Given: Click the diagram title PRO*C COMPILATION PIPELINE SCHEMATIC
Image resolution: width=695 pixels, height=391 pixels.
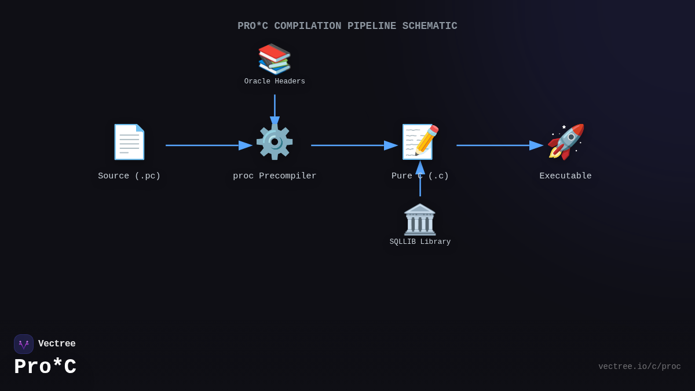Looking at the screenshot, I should (x=347, y=26).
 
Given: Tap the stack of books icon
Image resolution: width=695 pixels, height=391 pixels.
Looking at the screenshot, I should (x=275, y=59).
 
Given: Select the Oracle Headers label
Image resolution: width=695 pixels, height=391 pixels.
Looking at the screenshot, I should (x=275, y=82).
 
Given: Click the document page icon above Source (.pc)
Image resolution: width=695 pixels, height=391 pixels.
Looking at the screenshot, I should (x=129, y=142).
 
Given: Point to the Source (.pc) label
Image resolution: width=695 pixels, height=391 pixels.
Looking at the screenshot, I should (x=129, y=176).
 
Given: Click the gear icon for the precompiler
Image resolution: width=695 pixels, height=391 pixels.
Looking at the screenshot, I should (x=275, y=142).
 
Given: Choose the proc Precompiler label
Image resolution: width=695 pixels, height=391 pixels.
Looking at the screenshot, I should (x=275, y=176).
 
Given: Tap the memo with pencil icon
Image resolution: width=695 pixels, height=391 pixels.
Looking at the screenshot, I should (x=420, y=142).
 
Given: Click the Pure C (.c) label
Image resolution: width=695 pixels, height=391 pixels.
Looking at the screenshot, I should (x=420, y=176).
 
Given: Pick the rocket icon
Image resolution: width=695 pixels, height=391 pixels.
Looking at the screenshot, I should (x=566, y=142).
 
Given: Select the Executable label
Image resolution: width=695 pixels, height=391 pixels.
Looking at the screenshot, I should (x=566, y=176).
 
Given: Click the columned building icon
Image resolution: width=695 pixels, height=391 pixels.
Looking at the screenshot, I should (x=420, y=220).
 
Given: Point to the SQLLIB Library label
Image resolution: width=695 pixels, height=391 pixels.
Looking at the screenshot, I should (x=420, y=242).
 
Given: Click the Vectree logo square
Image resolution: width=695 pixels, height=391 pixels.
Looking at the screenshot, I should (x=24, y=344).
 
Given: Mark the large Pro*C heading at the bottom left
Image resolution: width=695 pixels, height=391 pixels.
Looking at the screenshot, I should (x=45, y=367).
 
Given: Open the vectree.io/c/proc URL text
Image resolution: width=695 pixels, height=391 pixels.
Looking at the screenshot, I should (x=639, y=367).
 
